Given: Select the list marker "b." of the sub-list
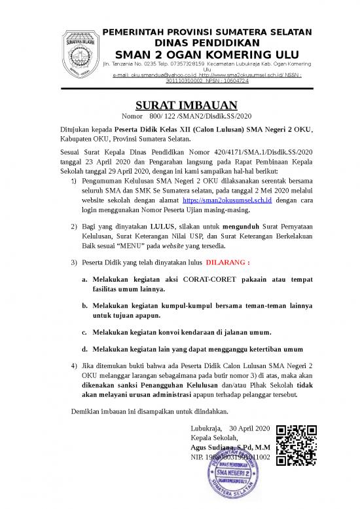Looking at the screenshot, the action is [x=85, y=306].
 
